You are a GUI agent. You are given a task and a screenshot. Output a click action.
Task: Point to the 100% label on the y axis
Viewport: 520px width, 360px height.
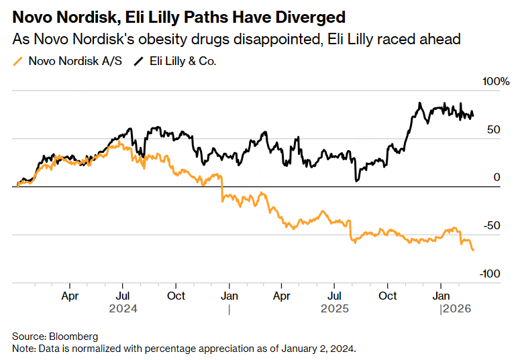point(497,82)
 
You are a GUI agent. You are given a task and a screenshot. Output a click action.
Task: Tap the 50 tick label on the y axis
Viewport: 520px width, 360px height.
point(493,130)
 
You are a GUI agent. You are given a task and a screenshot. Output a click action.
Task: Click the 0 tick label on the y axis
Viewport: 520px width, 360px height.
point(497,178)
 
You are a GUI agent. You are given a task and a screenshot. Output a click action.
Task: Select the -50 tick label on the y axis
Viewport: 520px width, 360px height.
point(492,226)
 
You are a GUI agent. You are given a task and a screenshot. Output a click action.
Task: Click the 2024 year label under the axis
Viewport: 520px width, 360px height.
point(123,309)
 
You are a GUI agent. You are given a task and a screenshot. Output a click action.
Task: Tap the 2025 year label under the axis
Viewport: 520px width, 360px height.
point(335,309)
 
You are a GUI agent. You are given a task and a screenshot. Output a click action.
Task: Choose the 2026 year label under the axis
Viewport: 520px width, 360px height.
point(456,309)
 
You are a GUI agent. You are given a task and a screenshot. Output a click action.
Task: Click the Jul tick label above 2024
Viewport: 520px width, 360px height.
point(123,295)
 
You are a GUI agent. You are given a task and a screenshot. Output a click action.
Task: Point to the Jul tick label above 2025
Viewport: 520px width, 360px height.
point(335,295)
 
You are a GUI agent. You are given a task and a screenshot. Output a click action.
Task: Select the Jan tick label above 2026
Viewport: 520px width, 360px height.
point(441,295)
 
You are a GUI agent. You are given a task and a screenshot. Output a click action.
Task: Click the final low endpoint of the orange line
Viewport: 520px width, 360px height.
point(474,250)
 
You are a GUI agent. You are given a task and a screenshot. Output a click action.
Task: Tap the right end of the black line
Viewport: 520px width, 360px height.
point(474,116)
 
